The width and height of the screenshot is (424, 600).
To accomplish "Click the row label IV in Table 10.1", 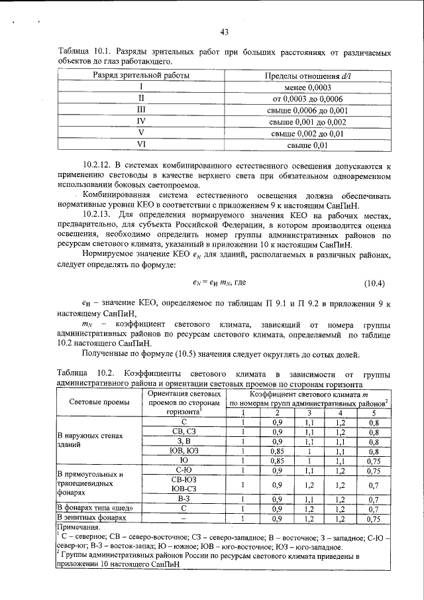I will tap(140, 121).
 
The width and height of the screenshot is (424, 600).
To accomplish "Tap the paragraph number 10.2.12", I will tap(99, 164).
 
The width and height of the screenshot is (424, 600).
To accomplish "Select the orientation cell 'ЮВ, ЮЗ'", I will tap(184, 450).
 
